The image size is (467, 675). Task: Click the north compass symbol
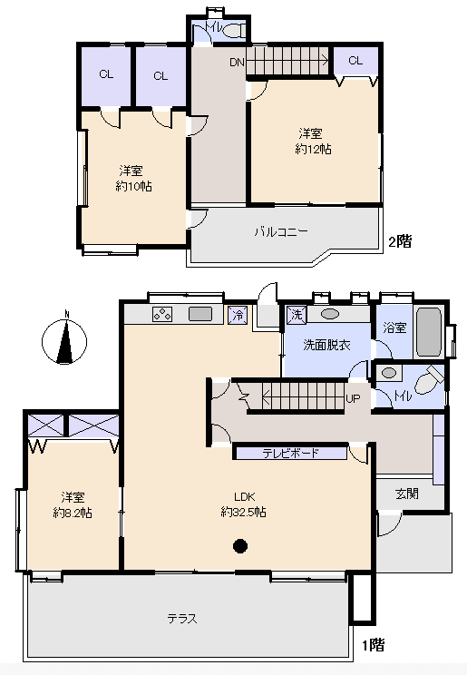64,341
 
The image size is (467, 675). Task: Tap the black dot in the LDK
240,546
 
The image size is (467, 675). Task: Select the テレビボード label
290,453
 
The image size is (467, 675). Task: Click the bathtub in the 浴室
429,331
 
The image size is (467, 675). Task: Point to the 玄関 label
407,494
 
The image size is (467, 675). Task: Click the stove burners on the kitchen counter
162,314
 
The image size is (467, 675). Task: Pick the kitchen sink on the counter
200,314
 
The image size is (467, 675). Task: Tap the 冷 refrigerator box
238,315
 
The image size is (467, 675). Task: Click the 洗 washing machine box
297,315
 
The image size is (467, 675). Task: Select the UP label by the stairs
353,398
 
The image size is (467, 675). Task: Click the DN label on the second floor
237,63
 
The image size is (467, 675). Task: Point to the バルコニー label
281,232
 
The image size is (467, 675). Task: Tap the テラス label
182,619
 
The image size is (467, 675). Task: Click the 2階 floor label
400,241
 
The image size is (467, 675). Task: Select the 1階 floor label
373,645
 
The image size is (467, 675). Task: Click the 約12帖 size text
313,150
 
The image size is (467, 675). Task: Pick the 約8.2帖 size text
73,513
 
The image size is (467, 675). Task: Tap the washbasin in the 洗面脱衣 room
330,314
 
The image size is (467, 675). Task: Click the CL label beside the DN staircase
355,61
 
